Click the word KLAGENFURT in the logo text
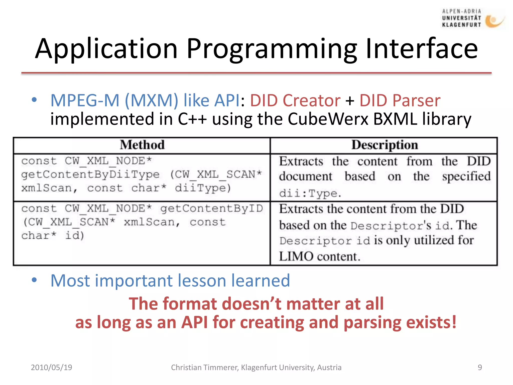point(461,25)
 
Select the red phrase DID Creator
point(295,101)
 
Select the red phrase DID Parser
point(400,101)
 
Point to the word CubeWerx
point(328,119)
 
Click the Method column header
point(142,145)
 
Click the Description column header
point(384,145)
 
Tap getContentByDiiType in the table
point(90,174)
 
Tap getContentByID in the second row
point(212,209)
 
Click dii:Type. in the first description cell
point(310,193)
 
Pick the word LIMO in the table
point(296,256)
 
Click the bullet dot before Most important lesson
point(34,280)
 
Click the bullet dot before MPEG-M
point(34,100)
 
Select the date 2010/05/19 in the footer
point(51,367)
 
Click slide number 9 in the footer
point(480,367)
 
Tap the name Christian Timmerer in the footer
point(204,367)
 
